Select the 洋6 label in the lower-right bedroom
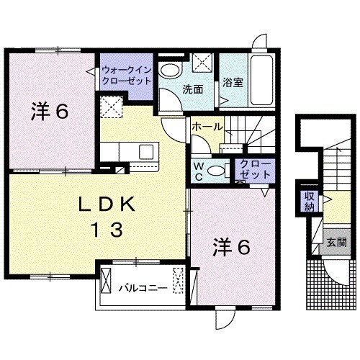point(231,247)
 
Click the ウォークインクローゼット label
point(127,76)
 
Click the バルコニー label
point(143,288)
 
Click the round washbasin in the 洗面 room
point(171,70)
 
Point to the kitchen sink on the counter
point(145,153)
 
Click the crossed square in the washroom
point(203,63)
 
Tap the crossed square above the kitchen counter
point(112,109)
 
